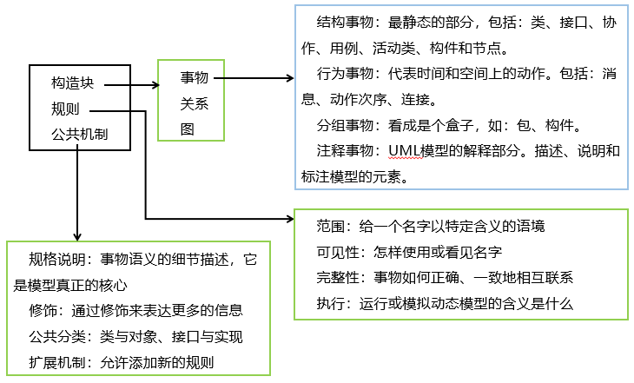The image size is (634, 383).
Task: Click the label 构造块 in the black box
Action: click(x=72, y=85)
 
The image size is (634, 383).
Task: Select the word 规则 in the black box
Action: click(x=64, y=110)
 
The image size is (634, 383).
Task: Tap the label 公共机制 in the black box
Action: click(x=79, y=134)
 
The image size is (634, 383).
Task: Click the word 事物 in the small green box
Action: click(x=194, y=78)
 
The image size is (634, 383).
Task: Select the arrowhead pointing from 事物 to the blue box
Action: click(x=289, y=78)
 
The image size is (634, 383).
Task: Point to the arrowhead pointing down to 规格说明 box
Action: click(x=78, y=235)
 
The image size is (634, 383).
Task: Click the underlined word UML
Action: click(x=405, y=150)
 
